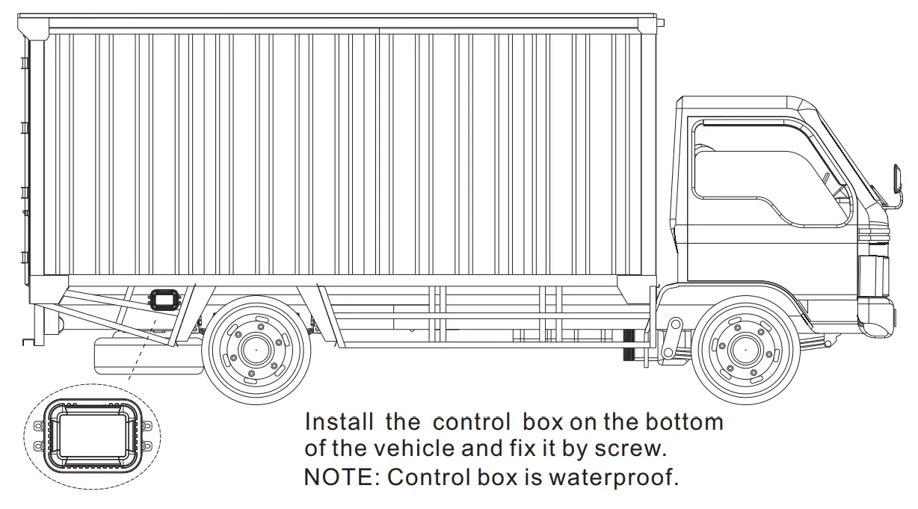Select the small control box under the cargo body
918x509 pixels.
pos(164,299)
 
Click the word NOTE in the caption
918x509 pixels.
pos(340,477)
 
